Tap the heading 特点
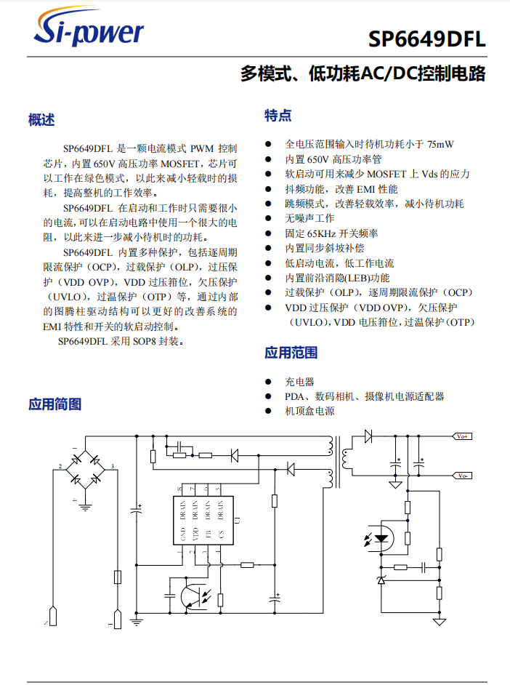coord(278,115)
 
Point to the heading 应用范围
coord(291,353)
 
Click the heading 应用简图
coord(54,404)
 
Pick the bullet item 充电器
coord(299,382)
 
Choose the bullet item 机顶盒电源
coord(309,411)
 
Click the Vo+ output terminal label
coord(462,436)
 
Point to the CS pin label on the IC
coord(221,536)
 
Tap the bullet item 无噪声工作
coord(309,218)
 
